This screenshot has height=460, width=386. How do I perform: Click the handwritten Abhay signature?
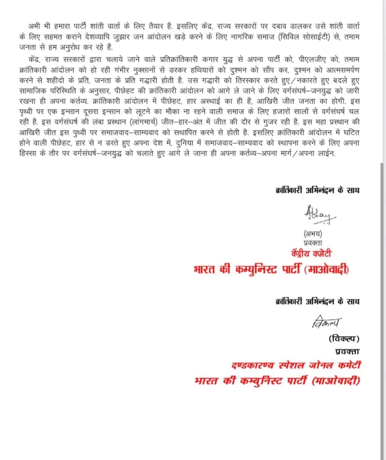click(319, 215)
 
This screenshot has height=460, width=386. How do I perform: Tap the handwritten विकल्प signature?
click(326, 322)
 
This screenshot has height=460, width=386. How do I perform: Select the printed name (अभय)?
click(313, 233)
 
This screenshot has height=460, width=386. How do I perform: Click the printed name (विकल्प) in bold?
click(344, 338)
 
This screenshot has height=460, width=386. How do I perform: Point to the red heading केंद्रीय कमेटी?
click(311, 253)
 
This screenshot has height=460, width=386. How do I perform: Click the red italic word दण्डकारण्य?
click(253, 365)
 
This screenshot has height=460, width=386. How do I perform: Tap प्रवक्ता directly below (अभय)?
click(313, 243)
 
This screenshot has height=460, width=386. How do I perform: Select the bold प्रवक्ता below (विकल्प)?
click(347, 351)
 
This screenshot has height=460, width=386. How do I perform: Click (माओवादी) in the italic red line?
click(336, 380)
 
